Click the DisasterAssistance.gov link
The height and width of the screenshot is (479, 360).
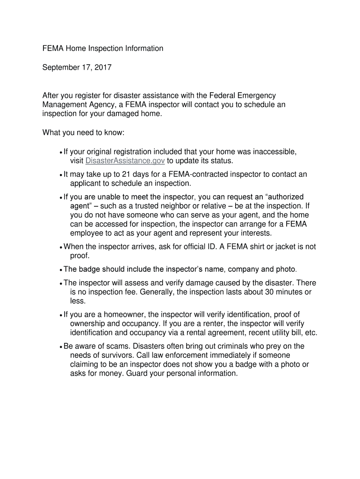coord(125,161)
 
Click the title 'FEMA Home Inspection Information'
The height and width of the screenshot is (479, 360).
coord(103,48)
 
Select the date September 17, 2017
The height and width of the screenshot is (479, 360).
coord(77,67)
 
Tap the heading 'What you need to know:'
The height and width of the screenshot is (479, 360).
coord(84,133)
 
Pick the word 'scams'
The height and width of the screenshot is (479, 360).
coord(119,346)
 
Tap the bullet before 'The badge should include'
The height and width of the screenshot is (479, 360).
coord(61,270)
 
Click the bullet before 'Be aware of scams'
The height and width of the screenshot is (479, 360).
coord(61,347)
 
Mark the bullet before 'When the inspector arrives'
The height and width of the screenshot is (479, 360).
coord(61,247)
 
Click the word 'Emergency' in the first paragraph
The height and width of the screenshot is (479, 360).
coord(253,96)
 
